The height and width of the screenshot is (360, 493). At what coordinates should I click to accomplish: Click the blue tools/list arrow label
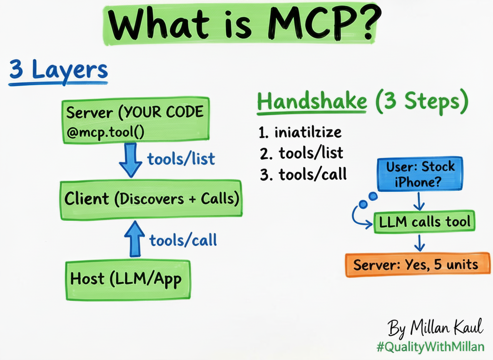coord(181,158)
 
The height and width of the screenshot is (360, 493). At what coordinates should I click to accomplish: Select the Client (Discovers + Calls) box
coord(151,199)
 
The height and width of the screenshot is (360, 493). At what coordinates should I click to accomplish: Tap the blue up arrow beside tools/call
coord(135,239)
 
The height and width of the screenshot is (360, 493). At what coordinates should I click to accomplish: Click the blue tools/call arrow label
coord(183,240)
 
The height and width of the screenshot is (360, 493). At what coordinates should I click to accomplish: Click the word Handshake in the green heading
coord(312,102)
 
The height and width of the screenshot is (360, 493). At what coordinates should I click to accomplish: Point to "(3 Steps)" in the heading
coord(421,102)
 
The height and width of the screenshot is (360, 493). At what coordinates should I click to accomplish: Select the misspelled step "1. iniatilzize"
coord(300,132)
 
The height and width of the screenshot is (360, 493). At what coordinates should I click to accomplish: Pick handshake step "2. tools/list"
coord(301,153)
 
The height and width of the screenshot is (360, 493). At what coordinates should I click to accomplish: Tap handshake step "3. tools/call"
coord(303,174)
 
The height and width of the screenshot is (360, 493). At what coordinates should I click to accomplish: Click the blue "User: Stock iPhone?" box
coord(420,174)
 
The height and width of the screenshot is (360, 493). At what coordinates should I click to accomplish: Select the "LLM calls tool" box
coord(424,222)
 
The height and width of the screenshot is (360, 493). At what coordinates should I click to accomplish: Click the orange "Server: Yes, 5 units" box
coord(418,264)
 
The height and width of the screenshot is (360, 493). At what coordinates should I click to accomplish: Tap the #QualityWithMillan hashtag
coord(431,347)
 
